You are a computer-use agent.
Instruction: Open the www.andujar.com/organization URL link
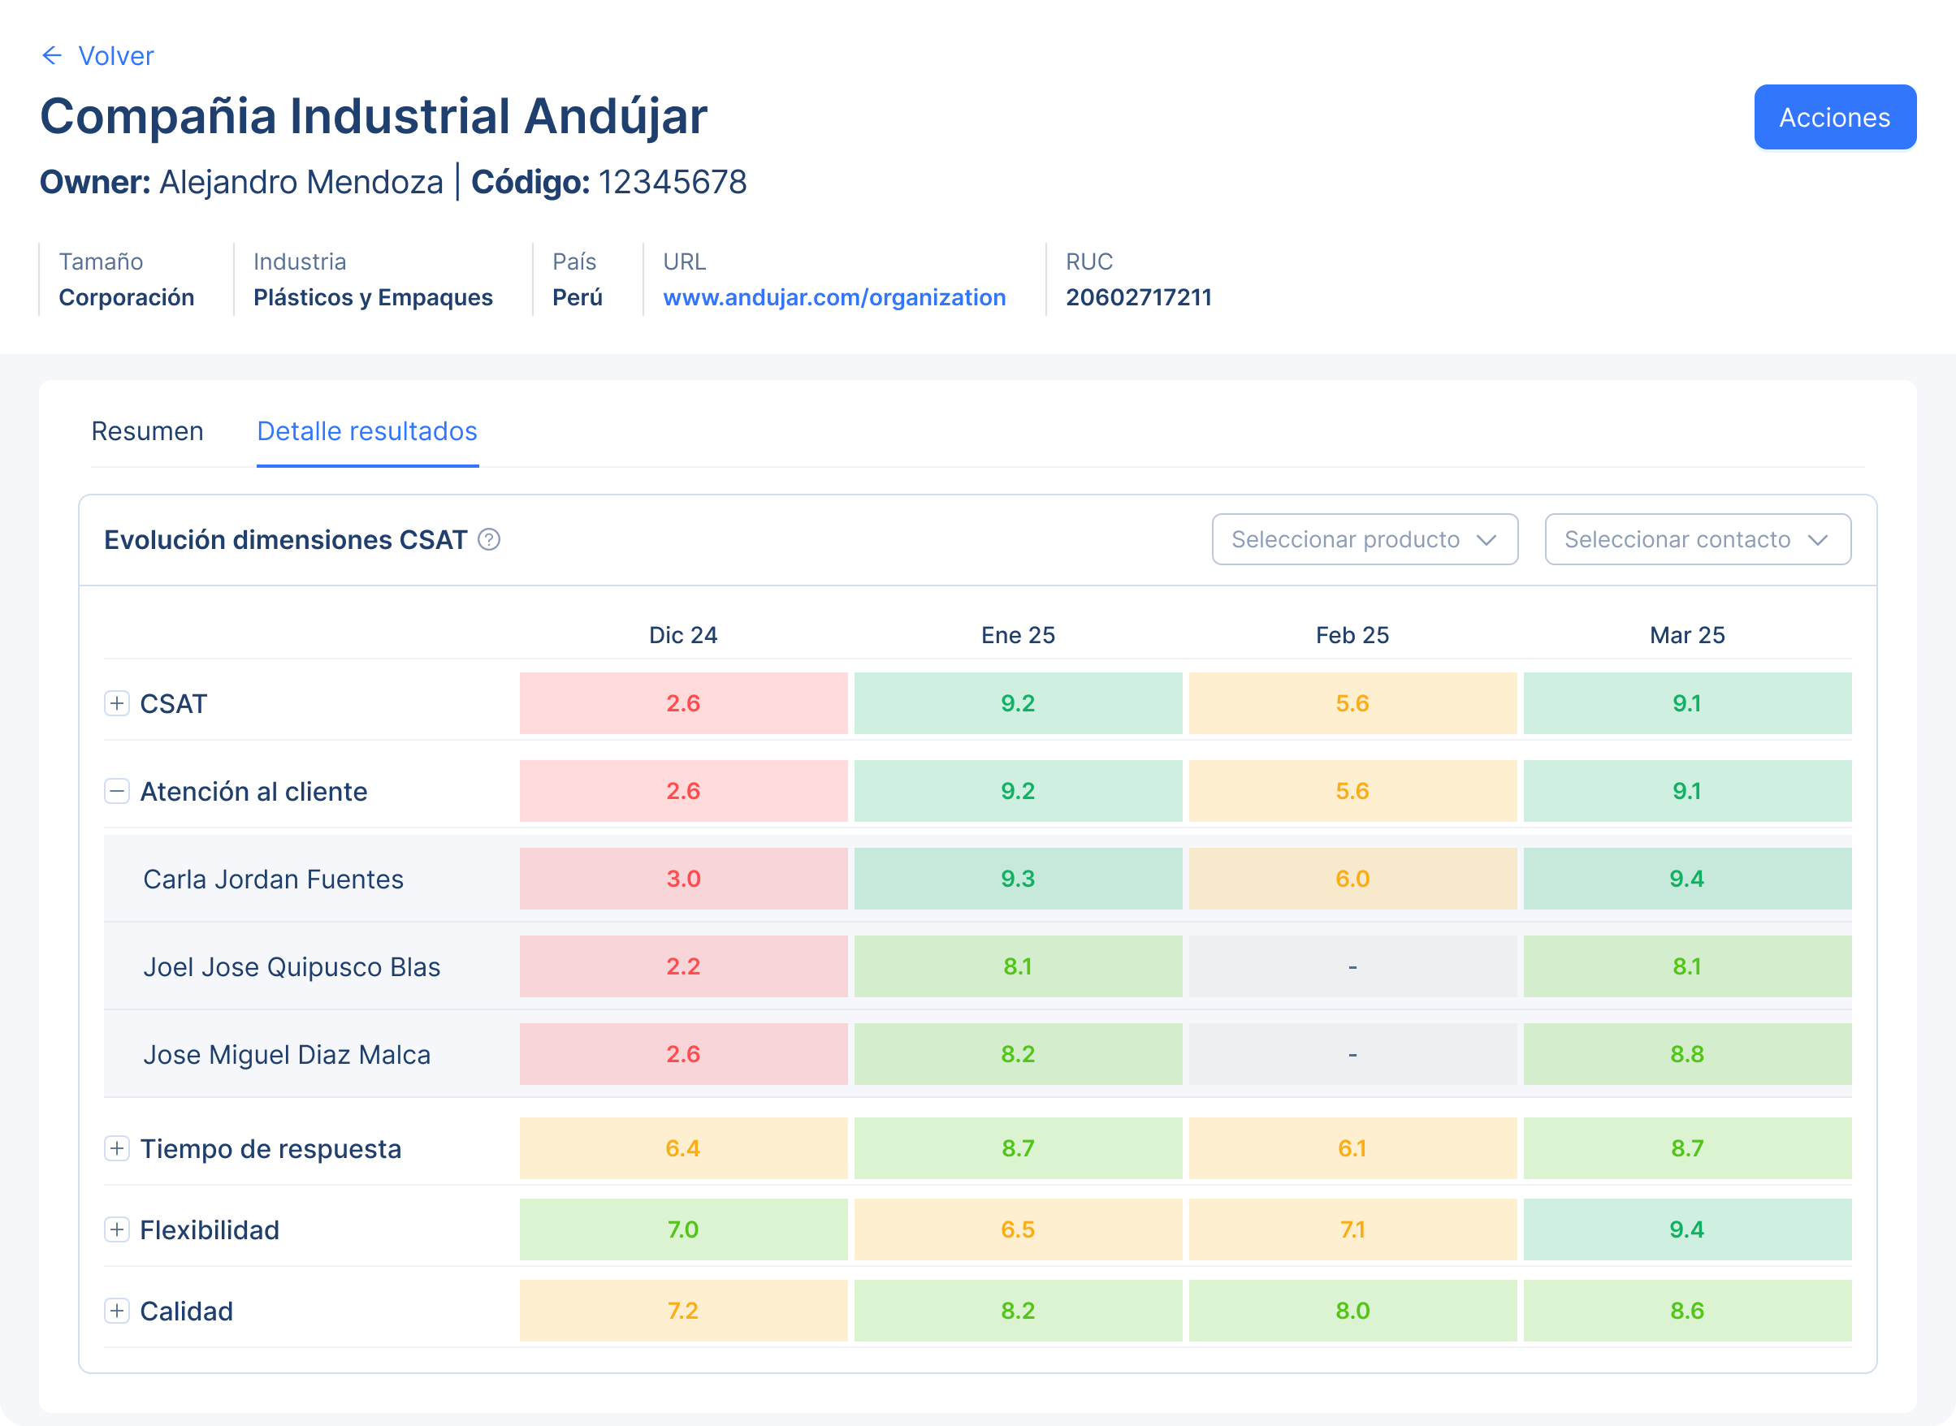834,297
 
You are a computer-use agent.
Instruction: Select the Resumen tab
148,430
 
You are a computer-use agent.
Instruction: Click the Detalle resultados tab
367,430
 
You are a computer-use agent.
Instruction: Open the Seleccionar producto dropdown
1364,539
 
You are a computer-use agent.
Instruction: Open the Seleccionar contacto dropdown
1697,539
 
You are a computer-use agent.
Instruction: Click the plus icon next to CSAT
116,703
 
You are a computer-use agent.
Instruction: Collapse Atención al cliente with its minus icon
116,791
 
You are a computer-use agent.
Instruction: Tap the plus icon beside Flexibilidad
116,1229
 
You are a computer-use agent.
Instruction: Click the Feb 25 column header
1352,635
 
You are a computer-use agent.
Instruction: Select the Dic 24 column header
683,635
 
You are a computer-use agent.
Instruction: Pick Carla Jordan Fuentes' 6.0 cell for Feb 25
1352,879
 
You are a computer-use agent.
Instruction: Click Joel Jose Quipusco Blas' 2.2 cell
683,966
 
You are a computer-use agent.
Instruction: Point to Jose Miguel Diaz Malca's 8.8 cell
1686,1054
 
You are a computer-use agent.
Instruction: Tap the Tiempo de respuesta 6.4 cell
683,1148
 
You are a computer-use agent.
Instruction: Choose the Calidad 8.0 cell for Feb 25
1352,1311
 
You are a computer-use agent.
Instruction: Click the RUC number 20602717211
1139,297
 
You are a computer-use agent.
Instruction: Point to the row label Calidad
187,1311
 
